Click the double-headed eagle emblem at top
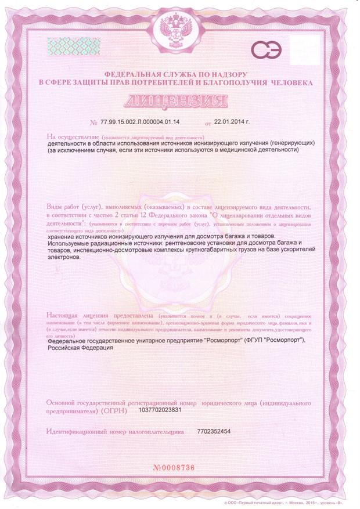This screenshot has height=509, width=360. click(x=179, y=28)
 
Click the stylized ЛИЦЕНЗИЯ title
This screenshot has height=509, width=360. click(x=179, y=102)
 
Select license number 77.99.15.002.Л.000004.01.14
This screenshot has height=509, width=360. click(x=140, y=123)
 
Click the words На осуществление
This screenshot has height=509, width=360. click(x=69, y=136)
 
